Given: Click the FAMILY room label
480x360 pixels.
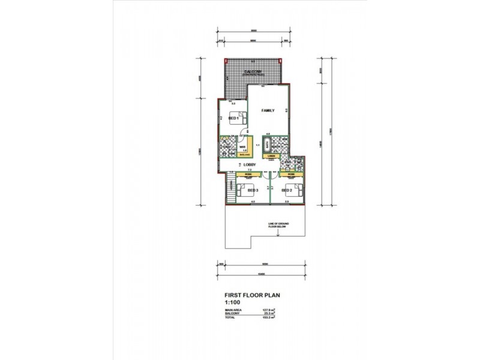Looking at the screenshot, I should click(267, 111).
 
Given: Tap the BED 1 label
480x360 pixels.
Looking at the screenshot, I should click(234, 119).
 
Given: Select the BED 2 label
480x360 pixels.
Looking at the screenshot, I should click(286, 190).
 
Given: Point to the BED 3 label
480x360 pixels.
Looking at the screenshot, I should click(253, 190).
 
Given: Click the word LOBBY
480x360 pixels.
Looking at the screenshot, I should click(250, 164).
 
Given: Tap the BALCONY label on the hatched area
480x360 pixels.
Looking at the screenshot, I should click(253, 71).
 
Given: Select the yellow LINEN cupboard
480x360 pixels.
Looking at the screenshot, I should click(271, 157).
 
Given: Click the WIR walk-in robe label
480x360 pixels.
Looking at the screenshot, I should click(244, 146).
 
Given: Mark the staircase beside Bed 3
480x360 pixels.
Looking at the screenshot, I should click(230, 191).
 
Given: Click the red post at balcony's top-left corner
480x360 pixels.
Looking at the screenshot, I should click(225, 61).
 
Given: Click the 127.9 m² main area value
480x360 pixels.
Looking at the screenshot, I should click(268, 310).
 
